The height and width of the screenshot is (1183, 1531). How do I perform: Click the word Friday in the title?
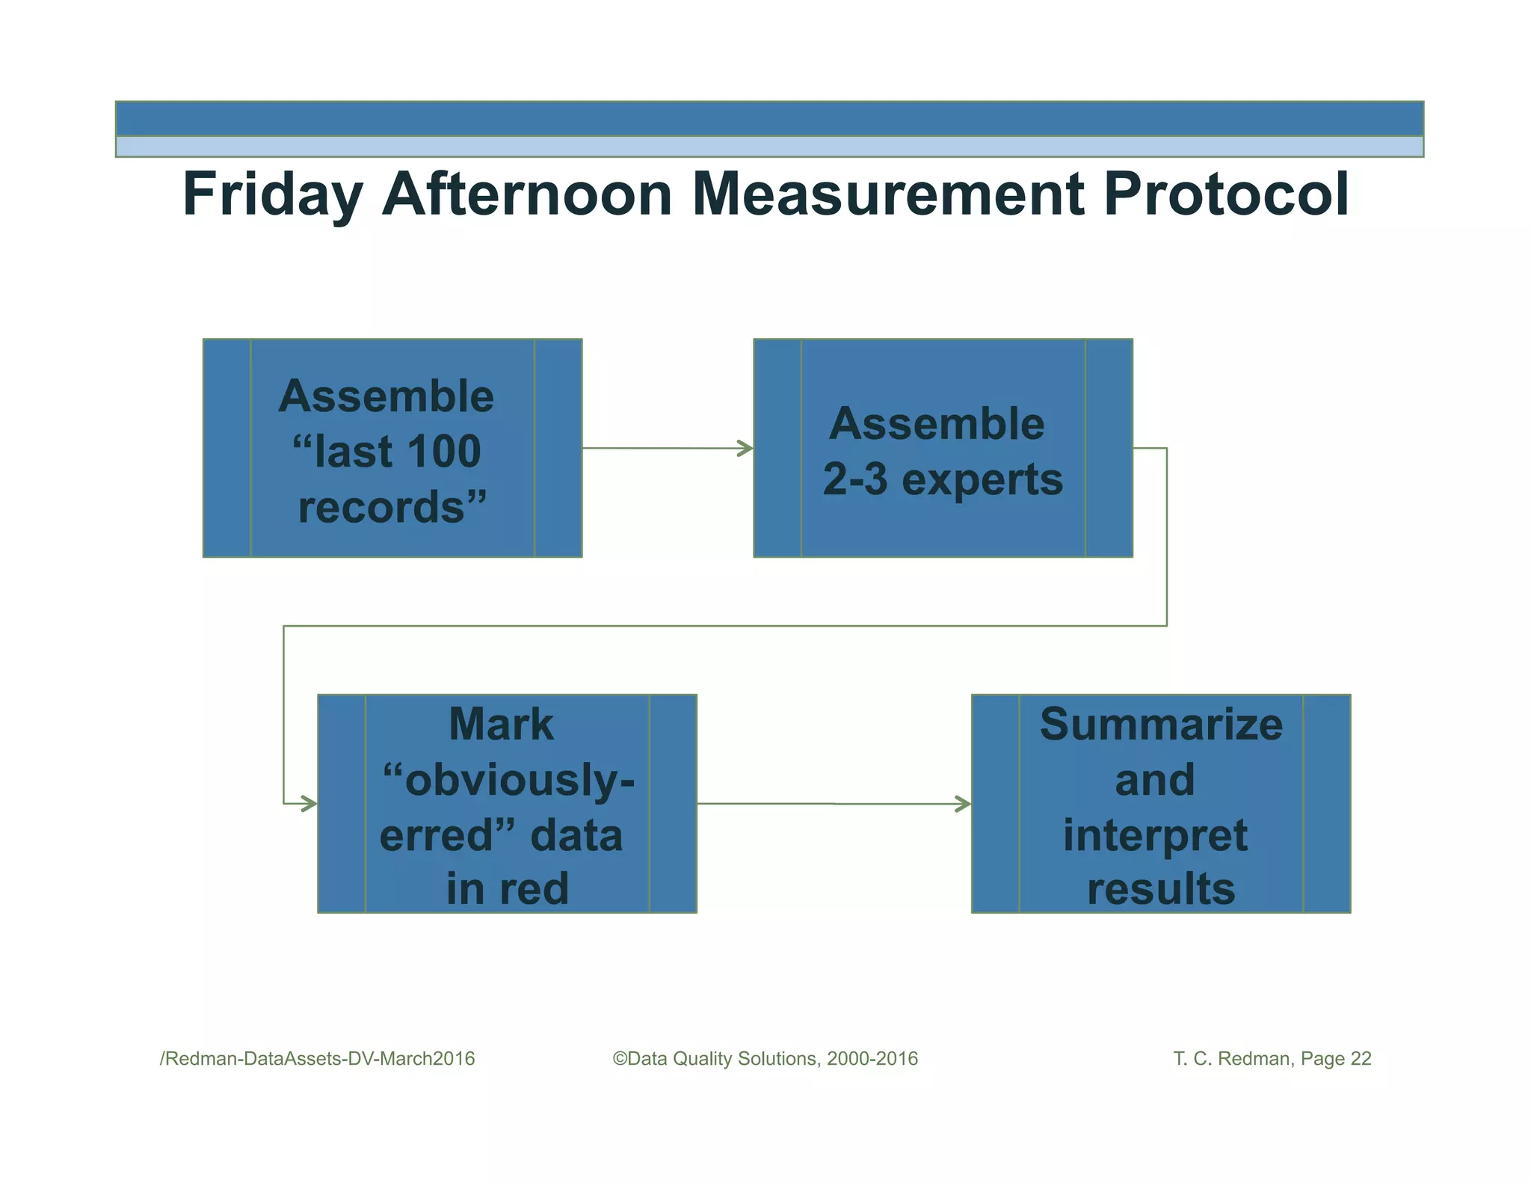point(273,194)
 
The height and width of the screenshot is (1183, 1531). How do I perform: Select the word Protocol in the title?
point(1226,194)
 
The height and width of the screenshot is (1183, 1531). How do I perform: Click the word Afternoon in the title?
point(527,194)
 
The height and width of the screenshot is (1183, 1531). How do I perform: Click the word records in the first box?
point(382,508)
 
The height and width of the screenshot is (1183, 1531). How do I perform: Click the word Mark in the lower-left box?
point(501,725)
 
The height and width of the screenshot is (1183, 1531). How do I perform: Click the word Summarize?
point(1161,725)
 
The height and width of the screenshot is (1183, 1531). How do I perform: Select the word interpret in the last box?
point(1155,835)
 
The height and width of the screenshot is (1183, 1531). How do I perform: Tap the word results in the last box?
point(1161,889)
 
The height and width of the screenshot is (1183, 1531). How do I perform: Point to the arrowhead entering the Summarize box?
point(964,805)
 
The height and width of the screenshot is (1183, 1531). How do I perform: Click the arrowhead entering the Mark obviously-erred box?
point(309,804)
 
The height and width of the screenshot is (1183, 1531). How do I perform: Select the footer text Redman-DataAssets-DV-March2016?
point(318,1059)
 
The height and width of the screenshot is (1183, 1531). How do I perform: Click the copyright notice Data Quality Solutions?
point(765,1059)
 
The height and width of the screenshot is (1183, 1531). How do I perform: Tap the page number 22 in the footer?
point(1361,1059)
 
